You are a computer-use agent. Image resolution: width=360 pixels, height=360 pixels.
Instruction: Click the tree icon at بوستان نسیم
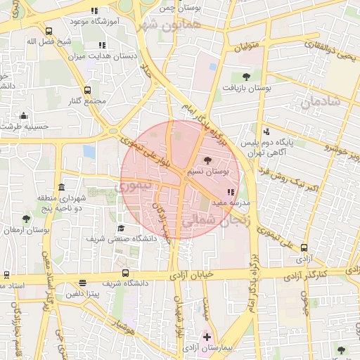206,161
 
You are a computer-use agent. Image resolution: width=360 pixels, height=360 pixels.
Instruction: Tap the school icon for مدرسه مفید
231,191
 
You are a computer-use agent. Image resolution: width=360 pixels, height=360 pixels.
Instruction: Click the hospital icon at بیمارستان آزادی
206,335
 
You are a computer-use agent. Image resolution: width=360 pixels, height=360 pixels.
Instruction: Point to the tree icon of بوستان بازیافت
245,77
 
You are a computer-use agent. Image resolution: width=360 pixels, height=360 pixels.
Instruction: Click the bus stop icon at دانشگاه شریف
125,273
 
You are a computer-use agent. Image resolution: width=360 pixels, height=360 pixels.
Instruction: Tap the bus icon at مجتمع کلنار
87,91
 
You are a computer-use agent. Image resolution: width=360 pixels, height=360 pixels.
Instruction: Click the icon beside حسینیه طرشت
25,116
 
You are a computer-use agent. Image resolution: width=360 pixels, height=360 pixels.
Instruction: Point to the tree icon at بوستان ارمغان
26,219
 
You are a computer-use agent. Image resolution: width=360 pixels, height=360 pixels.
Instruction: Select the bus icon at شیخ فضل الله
49,31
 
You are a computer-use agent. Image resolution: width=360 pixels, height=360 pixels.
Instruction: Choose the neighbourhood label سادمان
320,101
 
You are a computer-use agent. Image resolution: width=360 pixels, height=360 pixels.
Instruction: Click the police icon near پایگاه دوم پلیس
266,131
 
